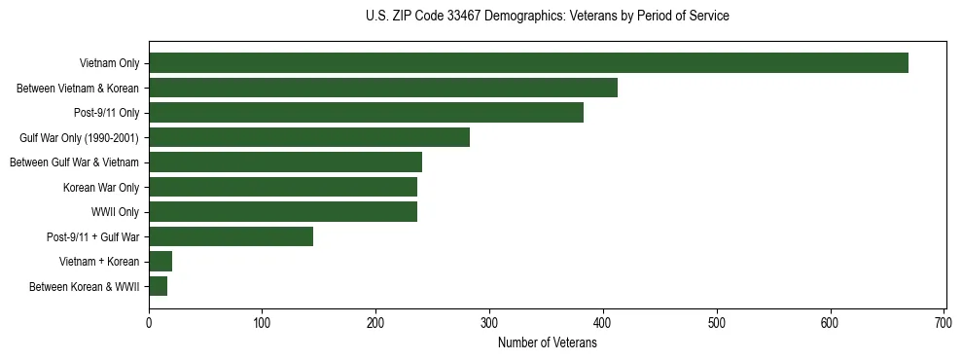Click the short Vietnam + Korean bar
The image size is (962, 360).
(160, 262)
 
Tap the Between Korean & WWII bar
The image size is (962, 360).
(158, 286)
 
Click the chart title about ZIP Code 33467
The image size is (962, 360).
(548, 17)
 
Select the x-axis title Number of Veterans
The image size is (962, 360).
(548, 343)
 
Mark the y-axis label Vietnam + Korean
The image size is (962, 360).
(99, 262)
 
